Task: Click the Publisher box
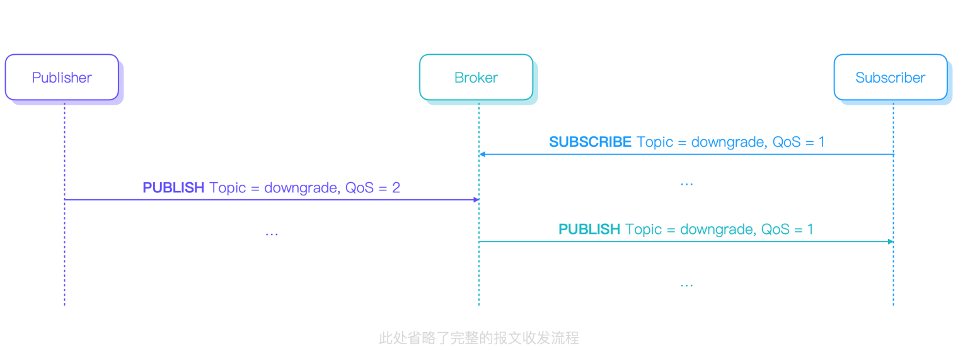[62, 78]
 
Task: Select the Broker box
[476, 78]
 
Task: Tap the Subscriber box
[890, 78]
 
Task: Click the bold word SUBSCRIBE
[590, 142]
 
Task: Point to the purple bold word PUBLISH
[173, 188]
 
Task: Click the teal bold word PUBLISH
[589, 229]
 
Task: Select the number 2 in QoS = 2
[396, 188]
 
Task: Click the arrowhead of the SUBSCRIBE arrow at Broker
[482, 154]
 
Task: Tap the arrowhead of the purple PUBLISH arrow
[476, 199]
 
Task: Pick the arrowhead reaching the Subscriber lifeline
[890, 241]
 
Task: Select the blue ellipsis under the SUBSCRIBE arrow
[686, 184]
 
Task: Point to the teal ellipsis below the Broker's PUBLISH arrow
[686, 285]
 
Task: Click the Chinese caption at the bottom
[478, 338]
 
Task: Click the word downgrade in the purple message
[300, 188]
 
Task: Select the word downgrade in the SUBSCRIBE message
[728, 142]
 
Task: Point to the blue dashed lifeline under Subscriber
[893, 277]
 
